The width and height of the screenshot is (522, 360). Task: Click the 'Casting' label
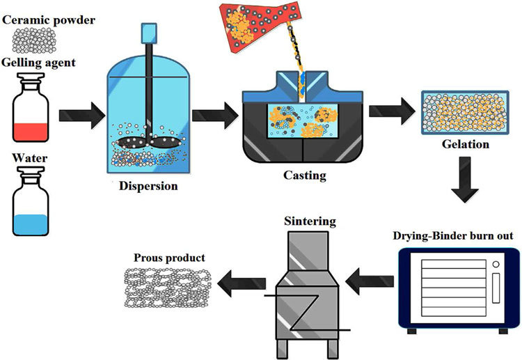304,175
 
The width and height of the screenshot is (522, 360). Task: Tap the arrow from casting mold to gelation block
387,109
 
